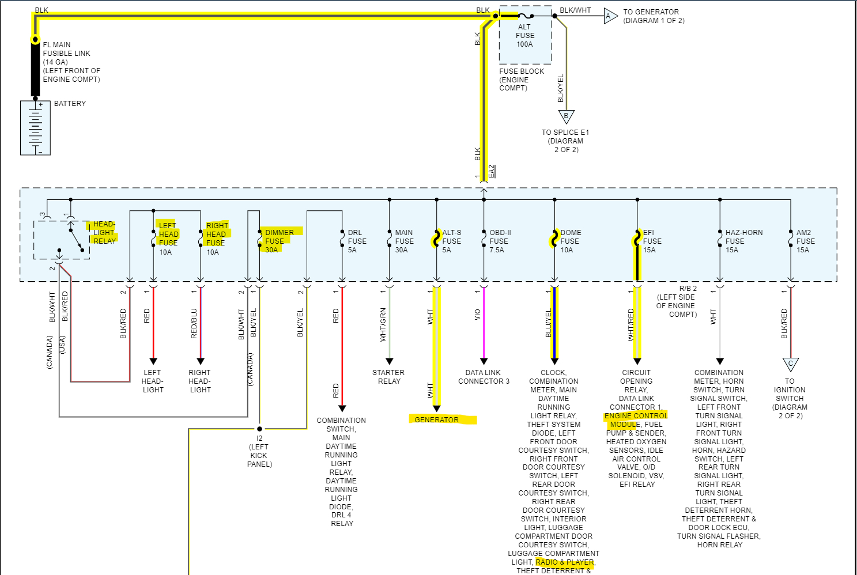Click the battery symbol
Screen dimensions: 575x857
[35, 128]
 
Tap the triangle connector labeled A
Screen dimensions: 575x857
[609, 17]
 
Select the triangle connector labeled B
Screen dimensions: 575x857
[566, 116]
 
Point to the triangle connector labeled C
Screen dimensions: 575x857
[790, 364]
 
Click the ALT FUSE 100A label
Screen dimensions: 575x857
[524, 36]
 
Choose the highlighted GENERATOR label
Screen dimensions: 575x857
[437, 419]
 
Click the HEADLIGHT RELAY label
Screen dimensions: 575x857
[104, 233]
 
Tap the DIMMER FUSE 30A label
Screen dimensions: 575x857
[279, 241]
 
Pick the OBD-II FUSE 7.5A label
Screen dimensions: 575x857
[500, 241]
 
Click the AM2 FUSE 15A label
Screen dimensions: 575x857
[805, 241]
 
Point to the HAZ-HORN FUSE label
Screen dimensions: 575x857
[743, 237]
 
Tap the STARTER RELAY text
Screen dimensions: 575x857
[388, 377]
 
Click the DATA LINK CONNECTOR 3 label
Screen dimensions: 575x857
[484, 377]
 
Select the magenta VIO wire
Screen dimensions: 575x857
[484, 323]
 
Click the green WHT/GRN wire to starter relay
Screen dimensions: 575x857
[390, 323]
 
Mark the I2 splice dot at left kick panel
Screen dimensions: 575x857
[259, 429]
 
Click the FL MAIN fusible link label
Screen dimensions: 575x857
[71, 62]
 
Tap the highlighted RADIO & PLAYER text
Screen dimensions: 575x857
[565, 562]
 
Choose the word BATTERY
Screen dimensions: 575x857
[70, 104]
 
